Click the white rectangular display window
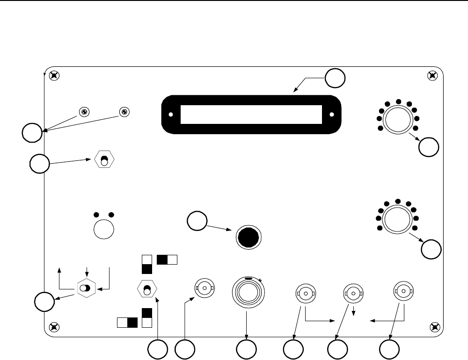[x=251, y=115]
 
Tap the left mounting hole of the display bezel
[x=171, y=115]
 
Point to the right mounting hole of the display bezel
[x=332, y=115]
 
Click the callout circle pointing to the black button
[x=197, y=221]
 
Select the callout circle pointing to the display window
[x=336, y=78]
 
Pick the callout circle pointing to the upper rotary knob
[x=429, y=147]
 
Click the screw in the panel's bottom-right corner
[x=434, y=326]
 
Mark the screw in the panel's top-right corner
[x=433, y=75]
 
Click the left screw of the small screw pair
[x=84, y=112]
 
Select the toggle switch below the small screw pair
[x=104, y=159]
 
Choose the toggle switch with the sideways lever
[x=86, y=289]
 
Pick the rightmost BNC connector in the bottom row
[x=403, y=291]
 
